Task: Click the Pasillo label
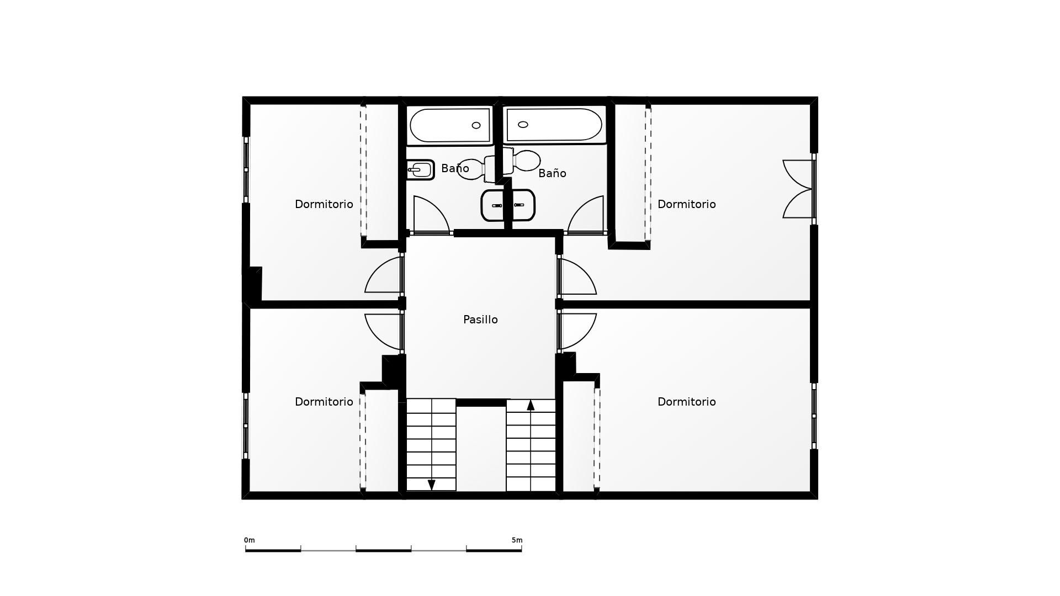(x=480, y=320)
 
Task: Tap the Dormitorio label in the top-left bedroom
(x=324, y=204)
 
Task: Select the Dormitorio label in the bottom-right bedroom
(x=686, y=402)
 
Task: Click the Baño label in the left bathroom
(x=455, y=168)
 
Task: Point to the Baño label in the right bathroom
(x=552, y=173)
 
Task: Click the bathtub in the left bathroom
(x=450, y=125)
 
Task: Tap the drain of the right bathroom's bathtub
(x=523, y=124)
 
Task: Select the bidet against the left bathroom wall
(x=421, y=169)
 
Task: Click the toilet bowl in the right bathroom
(x=527, y=161)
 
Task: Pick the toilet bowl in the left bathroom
(x=471, y=168)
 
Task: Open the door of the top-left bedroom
(x=383, y=274)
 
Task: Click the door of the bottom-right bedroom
(x=577, y=331)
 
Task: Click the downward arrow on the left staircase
(x=432, y=485)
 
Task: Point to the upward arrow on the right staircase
(x=531, y=406)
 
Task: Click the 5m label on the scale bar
(x=517, y=540)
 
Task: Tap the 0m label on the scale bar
(x=250, y=540)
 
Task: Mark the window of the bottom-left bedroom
(x=246, y=425)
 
